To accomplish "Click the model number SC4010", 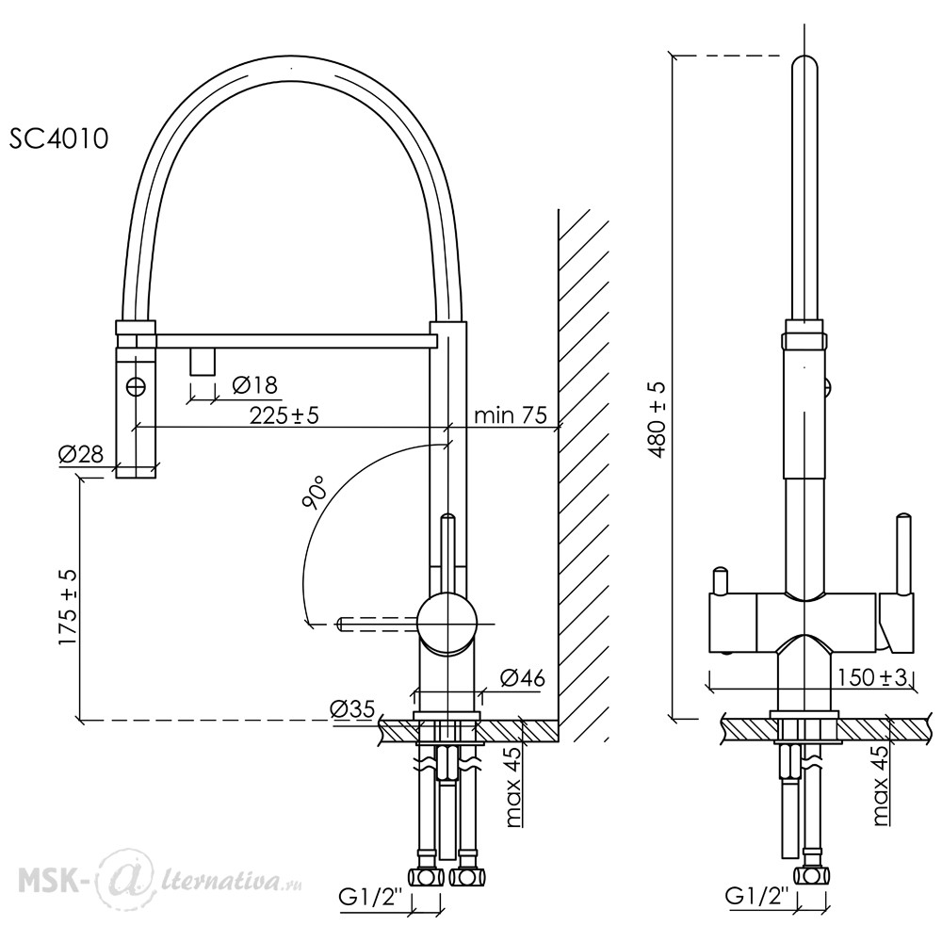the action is point(58,138).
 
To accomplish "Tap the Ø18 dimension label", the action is point(254,384).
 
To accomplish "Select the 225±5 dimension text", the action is point(284,414).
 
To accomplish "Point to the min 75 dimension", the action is point(510,415).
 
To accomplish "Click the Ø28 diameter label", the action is point(81,454).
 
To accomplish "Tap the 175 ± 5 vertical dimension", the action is point(69,608).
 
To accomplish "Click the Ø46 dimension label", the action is point(523,677).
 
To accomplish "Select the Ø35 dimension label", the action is point(352,709).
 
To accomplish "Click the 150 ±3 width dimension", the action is point(871,677).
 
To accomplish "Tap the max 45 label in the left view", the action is point(514,787).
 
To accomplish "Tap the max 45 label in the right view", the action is point(880,786).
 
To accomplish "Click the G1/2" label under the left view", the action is point(369,898).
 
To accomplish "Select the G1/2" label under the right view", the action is point(755,897).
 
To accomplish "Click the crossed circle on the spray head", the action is point(137,386).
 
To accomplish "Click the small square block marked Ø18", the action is point(203,362).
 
